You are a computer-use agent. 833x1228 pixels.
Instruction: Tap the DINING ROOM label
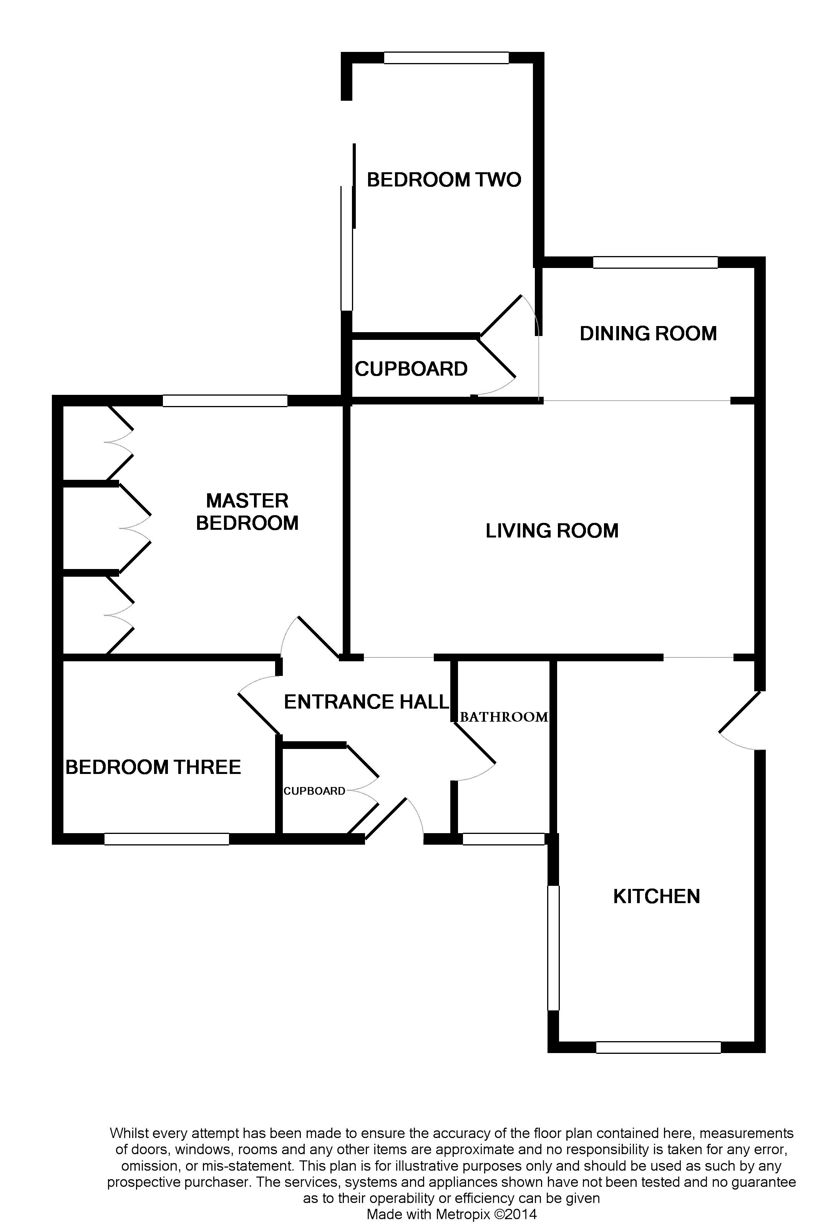point(648,333)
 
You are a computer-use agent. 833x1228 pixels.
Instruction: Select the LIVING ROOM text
point(552,531)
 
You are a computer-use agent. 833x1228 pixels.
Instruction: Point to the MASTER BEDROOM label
point(247,511)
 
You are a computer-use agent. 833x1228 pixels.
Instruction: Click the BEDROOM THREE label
point(153,767)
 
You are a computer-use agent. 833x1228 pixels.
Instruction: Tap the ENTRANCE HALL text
point(367,701)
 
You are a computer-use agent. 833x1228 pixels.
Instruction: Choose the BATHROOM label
point(504,717)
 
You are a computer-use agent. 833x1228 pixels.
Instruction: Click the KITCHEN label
point(657,896)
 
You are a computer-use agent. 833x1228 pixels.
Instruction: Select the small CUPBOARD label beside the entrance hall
point(314,790)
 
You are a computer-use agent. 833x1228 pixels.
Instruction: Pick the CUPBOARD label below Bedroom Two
point(411,369)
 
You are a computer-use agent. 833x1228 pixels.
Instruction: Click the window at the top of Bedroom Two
point(446,58)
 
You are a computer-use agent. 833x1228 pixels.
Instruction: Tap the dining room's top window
point(655,262)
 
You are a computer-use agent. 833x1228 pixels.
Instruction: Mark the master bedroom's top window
point(225,401)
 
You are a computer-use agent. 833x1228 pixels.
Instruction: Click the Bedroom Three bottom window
point(166,839)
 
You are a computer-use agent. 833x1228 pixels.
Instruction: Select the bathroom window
point(503,839)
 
